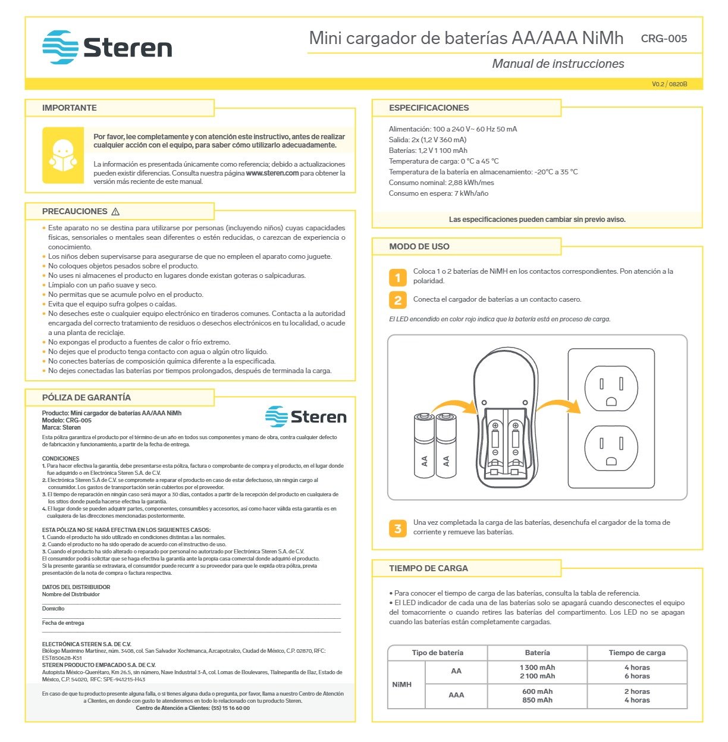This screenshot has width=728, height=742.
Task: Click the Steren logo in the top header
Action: tap(107, 48)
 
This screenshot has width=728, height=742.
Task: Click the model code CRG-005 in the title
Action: tap(664, 39)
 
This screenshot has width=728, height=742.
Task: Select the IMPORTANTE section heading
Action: tap(69, 108)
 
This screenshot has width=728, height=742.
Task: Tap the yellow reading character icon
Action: tap(63, 155)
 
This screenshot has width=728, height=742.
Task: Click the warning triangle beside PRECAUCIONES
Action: tap(115, 212)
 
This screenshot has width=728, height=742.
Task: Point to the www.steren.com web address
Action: tap(272, 173)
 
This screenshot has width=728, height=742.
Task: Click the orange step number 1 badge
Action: tap(398, 277)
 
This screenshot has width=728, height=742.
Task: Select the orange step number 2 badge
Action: tap(398, 300)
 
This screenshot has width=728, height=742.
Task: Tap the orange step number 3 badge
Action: tap(398, 528)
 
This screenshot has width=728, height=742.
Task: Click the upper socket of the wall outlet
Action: tap(611, 388)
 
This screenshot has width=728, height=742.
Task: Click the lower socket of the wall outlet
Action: tap(611, 447)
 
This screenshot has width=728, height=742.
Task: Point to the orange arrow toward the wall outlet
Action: tap(558, 406)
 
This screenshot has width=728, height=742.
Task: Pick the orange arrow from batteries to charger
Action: tap(455, 406)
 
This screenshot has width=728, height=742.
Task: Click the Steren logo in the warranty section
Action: tap(306, 417)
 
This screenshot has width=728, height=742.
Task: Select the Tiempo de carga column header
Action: tap(637, 653)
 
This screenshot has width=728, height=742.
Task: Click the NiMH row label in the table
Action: tap(402, 684)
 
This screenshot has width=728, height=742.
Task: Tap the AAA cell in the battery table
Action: tap(456, 695)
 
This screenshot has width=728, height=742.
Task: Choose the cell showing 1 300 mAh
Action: tap(537, 668)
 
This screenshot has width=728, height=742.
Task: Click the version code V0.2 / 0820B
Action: tap(669, 84)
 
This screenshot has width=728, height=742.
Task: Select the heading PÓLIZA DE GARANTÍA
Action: tap(86, 397)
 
